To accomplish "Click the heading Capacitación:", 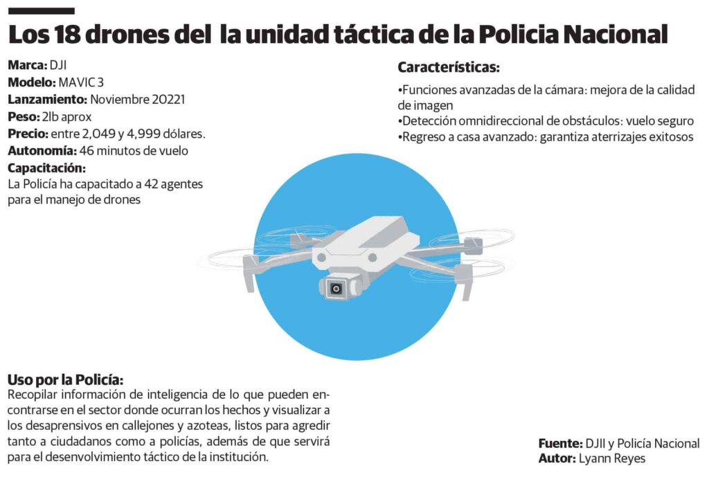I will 46,168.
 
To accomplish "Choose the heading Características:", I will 449,68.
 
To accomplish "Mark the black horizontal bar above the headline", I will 41,11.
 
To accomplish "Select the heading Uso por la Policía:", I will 66,380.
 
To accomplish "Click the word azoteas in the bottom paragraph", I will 217,426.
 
